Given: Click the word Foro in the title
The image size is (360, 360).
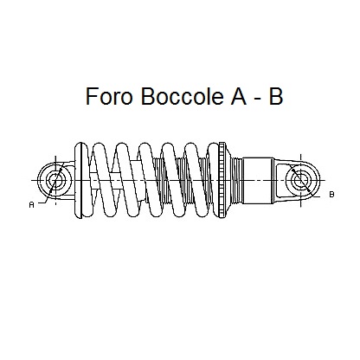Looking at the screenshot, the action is coord(109,96).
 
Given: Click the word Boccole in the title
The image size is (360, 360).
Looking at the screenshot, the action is coord(182,96).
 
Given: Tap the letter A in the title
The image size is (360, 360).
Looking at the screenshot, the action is coord(238,96).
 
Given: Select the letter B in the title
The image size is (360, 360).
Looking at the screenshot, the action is coord(275,96).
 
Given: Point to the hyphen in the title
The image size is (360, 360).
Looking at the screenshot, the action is coord(258,99).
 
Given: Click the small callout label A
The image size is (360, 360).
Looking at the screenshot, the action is coord(32,205).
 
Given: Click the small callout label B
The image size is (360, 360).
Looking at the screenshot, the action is coord(331,195).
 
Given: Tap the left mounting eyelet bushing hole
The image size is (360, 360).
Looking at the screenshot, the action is coord(55,180).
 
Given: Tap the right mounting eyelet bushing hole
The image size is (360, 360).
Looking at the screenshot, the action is coord(300,181).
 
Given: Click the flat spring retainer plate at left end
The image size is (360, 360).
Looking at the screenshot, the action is coord(81,180).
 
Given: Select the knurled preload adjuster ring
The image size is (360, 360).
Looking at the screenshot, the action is coord(222,180).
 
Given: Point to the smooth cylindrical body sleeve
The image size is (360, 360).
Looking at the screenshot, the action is coord(258,181).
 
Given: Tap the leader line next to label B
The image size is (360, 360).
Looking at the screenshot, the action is coord(316,196).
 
